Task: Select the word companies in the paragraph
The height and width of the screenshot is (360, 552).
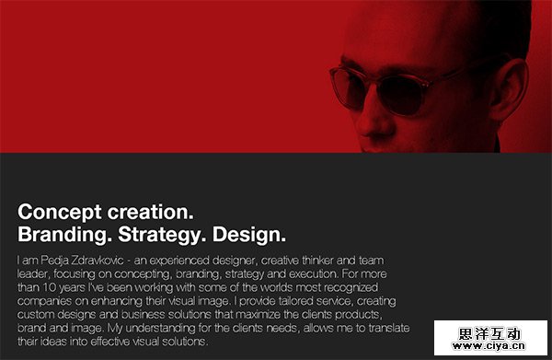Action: [46, 301]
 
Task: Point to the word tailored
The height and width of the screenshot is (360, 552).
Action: [294, 301]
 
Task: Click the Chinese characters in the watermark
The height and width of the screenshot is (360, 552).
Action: [505, 332]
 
